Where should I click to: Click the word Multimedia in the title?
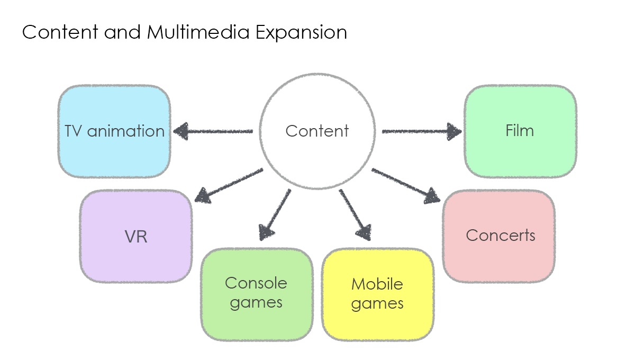(x=198, y=32)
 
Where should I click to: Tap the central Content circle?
(x=317, y=131)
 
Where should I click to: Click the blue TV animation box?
(x=114, y=131)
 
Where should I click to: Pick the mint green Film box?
(x=521, y=131)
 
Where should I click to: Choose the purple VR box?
(x=136, y=236)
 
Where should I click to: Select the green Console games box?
(x=257, y=294)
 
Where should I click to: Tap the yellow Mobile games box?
(x=378, y=294)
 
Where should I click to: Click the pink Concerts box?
(x=499, y=236)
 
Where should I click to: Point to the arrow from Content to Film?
(x=422, y=131)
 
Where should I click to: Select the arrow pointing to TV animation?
(x=213, y=131)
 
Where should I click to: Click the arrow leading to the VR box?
(x=229, y=186)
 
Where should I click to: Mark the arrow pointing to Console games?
(x=275, y=215)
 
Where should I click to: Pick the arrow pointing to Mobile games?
(x=355, y=215)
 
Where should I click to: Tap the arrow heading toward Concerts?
(x=406, y=186)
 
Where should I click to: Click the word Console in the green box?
(x=256, y=283)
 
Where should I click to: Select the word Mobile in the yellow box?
(x=377, y=284)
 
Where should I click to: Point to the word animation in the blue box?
(x=126, y=131)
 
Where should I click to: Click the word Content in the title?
(x=60, y=32)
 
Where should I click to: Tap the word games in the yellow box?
(x=377, y=304)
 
